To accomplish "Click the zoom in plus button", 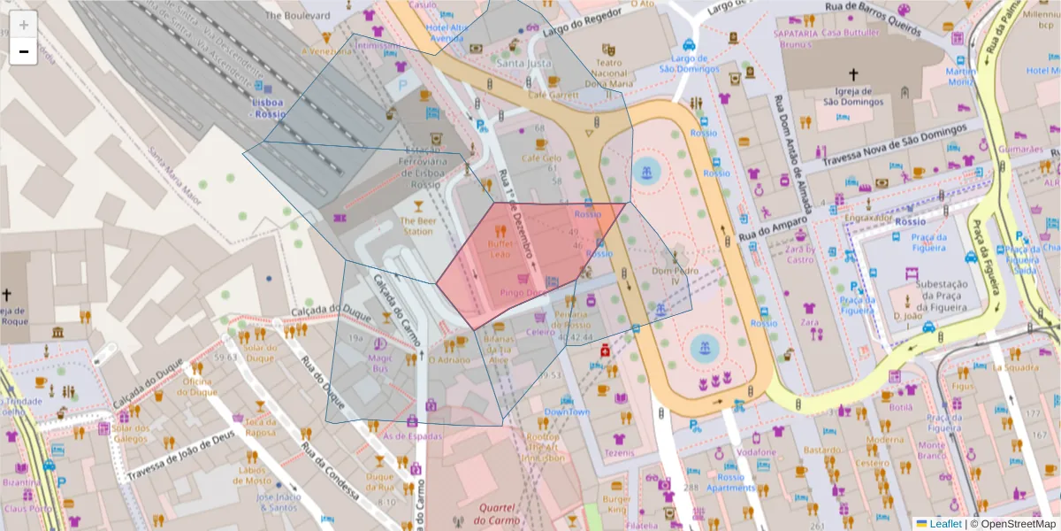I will click(23, 25).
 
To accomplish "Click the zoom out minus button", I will click(23, 52).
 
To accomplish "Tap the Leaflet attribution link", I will click(944, 524).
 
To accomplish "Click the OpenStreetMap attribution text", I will click(1017, 524).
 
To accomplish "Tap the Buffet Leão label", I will click(500, 249).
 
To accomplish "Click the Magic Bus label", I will click(379, 363).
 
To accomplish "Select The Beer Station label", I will click(417, 226).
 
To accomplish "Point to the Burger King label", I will click(616, 504).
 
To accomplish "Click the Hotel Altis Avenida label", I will click(446, 33).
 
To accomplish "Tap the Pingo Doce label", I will click(520, 292).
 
